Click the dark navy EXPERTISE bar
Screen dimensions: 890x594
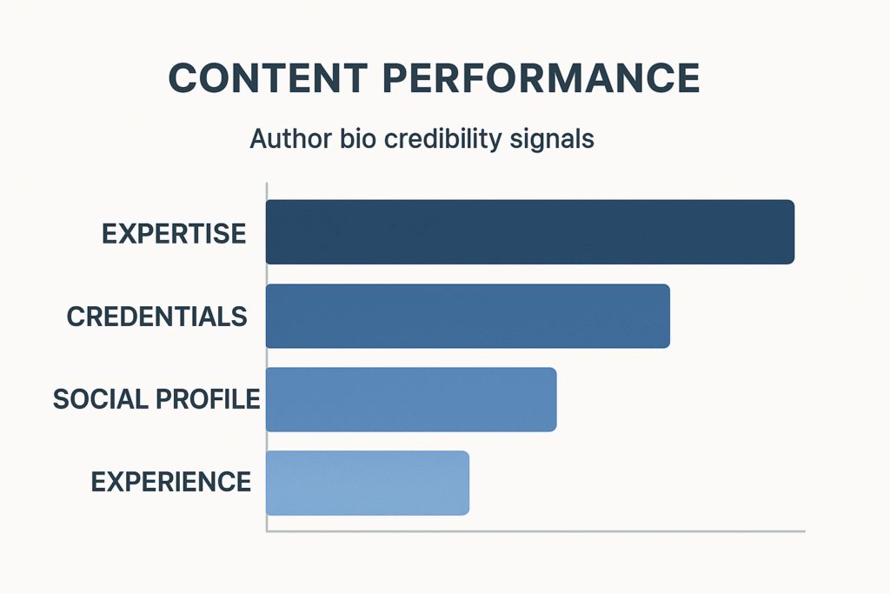(530, 231)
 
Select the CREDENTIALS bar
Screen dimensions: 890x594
(468, 316)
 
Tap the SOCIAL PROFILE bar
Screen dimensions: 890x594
(411, 399)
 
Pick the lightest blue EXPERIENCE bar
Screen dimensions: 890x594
(368, 483)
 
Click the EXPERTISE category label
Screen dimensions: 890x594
(174, 233)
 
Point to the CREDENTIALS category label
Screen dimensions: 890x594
(156, 317)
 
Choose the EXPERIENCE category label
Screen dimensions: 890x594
(171, 482)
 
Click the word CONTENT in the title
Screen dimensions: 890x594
(268, 77)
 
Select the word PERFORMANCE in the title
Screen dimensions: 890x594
(541, 77)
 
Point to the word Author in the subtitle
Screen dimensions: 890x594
(290, 138)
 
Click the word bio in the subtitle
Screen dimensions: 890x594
(358, 138)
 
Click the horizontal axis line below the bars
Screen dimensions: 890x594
(535, 531)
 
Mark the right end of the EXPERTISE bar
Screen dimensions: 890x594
(794, 231)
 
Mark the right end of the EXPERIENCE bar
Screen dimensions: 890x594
(468, 483)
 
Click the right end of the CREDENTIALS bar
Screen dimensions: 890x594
(670, 316)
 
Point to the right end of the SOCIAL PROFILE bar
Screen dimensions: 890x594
(556, 399)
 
